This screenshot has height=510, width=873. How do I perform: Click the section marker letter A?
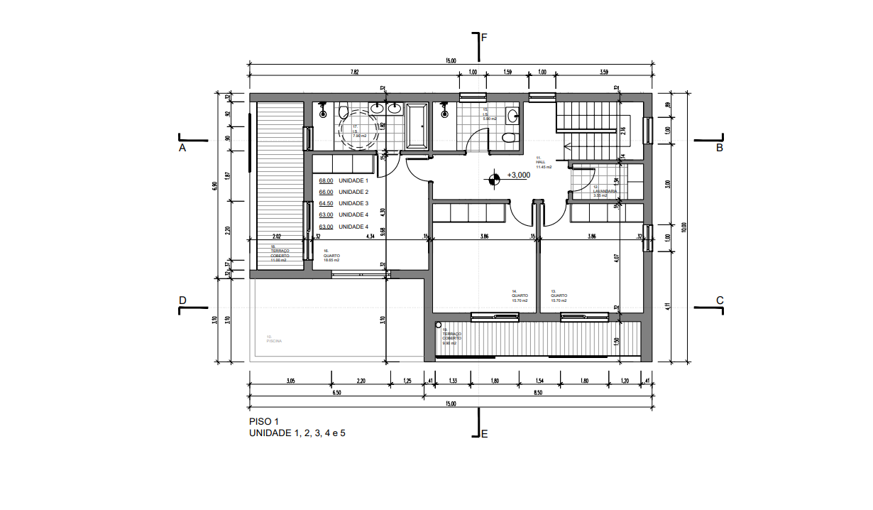point(182,148)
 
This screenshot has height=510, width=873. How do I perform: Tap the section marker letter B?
point(719,148)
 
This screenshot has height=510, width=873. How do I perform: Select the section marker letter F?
point(484,38)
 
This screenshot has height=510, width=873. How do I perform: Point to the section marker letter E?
point(484,434)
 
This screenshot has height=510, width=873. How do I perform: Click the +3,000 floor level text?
point(519,175)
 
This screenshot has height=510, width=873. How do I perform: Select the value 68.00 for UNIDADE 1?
point(326,181)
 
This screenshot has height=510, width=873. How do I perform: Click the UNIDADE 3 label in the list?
point(353,204)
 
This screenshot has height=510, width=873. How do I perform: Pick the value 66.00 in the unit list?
point(326,192)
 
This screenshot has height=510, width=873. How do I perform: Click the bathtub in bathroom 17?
point(417,126)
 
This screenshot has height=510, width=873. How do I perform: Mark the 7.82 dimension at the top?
point(354,72)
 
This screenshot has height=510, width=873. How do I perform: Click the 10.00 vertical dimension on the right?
point(684,227)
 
